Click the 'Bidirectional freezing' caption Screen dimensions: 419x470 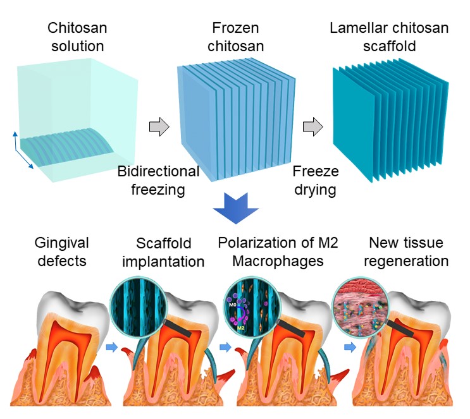pos(159,180)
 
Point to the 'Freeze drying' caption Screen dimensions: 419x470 pos(315,180)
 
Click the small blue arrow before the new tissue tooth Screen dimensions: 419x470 pos(350,347)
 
